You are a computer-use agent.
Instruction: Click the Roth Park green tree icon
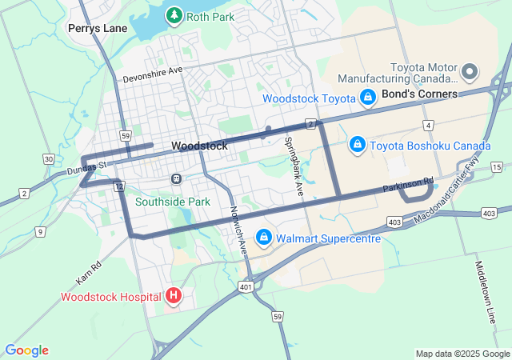click(x=174, y=15)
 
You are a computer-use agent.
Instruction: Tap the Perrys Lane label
click(x=98, y=28)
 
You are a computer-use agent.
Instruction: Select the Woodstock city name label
click(x=199, y=146)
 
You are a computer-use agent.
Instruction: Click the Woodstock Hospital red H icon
click(x=174, y=297)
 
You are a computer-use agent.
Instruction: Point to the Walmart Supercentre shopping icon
click(x=264, y=238)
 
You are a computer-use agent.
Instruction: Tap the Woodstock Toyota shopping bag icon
click(x=368, y=98)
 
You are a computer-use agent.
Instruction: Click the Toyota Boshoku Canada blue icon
click(x=357, y=145)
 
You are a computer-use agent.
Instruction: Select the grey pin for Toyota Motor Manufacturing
click(x=470, y=73)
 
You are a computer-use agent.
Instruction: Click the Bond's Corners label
click(x=419, y=94)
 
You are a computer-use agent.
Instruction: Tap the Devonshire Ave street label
click(x=153, y=74)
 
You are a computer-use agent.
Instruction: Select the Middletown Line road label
click(x=485, y=292)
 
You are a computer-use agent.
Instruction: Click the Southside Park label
click(x=172, y=202)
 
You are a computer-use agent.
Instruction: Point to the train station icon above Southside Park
click(x=176, y=178)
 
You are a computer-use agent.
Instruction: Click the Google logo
click(x=27, y=350)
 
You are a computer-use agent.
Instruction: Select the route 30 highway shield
click(x=49, y=159)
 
